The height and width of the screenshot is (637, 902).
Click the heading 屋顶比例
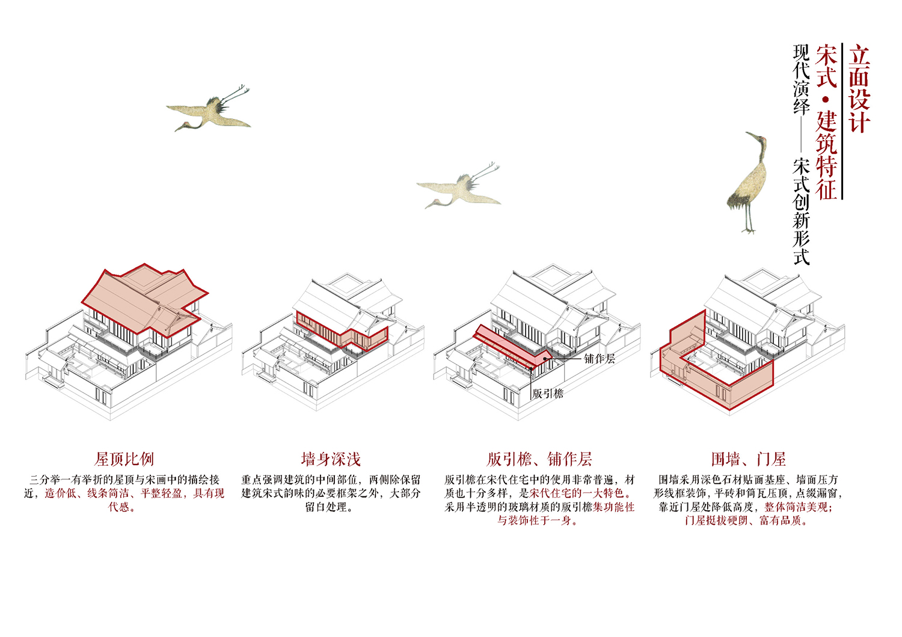coord(124,459)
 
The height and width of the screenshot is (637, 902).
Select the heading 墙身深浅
coord(331,459)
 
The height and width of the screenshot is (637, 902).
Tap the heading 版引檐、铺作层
coord(539,459)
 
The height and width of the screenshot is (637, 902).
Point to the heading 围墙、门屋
coord(748,459)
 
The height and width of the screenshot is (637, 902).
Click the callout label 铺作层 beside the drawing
coord(600,359)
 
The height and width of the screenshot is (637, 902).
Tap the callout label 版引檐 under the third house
coord(548,393)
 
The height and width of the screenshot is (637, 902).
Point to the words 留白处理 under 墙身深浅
coord(326,507)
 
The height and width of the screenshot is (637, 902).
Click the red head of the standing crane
coord(761,139)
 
